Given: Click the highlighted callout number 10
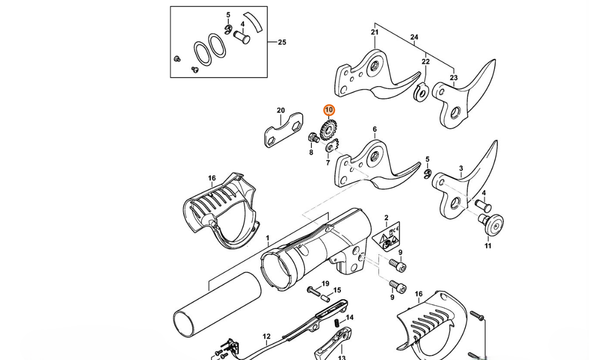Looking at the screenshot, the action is [329, 110].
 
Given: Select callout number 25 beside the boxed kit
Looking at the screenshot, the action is [282, 43].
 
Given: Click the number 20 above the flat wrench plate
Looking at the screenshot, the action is [281, 111].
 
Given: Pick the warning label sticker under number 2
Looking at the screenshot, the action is [387, 237].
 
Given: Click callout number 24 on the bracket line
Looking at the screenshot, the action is [414, 37].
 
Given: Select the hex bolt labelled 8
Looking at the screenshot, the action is [314, 137].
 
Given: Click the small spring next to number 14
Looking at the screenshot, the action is [338, 322].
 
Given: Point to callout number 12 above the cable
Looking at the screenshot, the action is [266, 337].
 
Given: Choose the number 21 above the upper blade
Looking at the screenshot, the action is [374, 32].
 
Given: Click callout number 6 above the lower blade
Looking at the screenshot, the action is [374, 129].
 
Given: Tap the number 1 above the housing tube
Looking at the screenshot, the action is [267, 238].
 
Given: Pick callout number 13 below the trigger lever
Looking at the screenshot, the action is [341, 357].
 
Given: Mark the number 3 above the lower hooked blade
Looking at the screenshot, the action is [461, 168].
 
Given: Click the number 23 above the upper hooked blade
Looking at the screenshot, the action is [454, 78].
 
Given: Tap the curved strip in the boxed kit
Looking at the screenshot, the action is [253, 22].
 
